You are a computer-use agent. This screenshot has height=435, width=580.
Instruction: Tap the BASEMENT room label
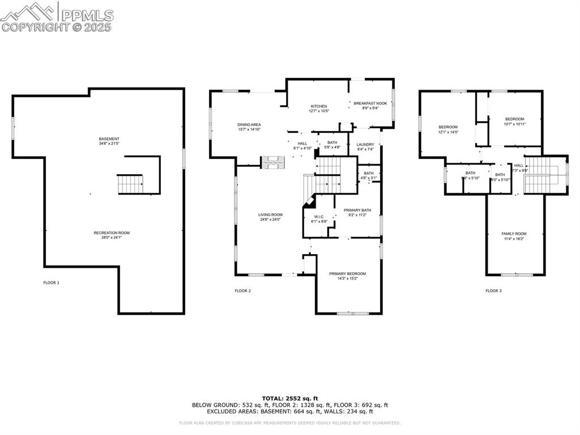click(109, 139)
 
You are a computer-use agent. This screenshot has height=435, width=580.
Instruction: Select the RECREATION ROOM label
click(112, 233)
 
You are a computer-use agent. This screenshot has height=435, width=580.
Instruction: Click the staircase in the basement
click(130, 184)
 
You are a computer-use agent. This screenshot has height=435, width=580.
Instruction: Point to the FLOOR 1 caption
click(51, 282)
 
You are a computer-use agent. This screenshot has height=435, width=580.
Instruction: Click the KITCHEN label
click(318, 107)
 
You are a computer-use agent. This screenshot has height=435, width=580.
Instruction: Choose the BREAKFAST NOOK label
click(370, 103)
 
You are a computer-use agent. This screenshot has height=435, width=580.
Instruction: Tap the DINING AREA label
click(249, 124)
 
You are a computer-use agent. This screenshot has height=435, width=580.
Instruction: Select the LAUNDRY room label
click(365, 145)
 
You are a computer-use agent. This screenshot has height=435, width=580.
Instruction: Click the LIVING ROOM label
click(270, 215)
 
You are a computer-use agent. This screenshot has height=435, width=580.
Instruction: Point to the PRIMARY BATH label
click(357, 210)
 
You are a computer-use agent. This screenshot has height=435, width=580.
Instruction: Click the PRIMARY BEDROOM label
click(347, 274)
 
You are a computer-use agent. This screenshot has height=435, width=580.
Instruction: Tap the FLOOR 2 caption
click(242, 291)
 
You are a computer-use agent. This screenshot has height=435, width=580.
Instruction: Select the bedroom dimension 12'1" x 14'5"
click(448, 132)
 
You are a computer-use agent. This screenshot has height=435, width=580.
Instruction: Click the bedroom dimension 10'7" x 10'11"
click(514, 124)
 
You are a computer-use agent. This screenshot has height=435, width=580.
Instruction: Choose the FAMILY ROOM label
click(514, 234)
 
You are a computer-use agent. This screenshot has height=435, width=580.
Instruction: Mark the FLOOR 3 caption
click(493, 291)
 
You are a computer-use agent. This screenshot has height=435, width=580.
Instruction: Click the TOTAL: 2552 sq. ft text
click(290, 398)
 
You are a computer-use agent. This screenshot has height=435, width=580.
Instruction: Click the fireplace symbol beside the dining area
click(272, 162)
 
